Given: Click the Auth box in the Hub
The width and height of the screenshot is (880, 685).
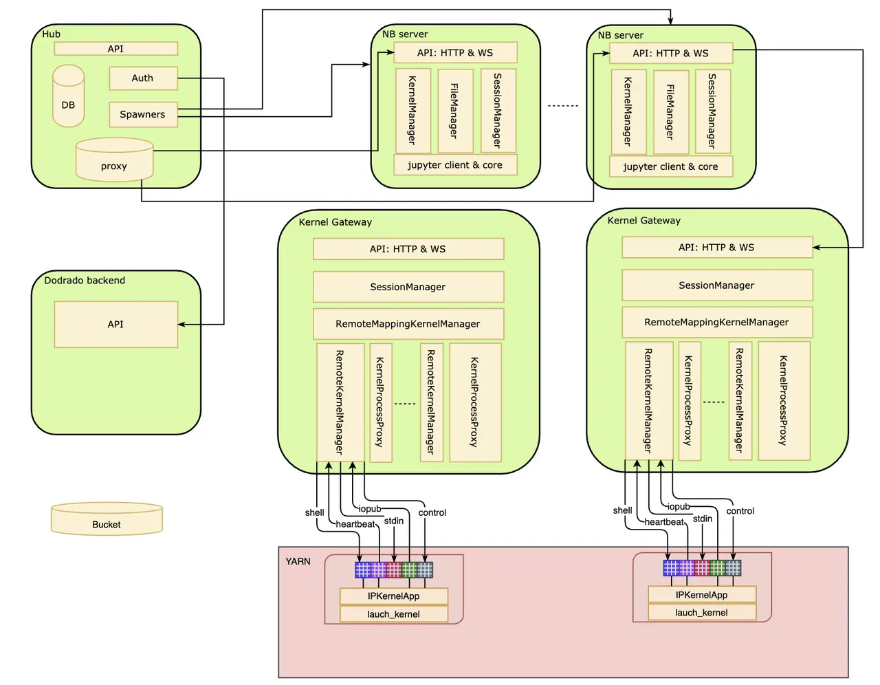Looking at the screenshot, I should [x=143, y=78].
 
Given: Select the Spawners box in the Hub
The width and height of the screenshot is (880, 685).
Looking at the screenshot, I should [x=143, y=115].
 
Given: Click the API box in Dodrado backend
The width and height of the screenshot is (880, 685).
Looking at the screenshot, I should [x=115, y=324].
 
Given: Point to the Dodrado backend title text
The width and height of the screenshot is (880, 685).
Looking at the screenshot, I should [x=85, y=281].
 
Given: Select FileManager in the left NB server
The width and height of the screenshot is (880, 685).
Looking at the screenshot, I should [x=454, y=111].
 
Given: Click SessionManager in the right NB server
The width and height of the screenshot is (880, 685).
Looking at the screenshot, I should [x=713, y=111].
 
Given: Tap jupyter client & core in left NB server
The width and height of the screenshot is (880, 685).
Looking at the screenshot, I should [x=455, y=165].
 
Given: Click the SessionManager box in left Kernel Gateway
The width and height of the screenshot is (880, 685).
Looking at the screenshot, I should [x=408, y=287].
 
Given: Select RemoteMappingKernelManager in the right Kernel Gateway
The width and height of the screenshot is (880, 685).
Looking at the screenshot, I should [x=716, y=322].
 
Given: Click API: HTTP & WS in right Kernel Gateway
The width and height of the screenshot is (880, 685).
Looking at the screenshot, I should [x=716, y=248].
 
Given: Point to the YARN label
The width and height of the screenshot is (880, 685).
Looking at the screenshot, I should [x=298, y=561].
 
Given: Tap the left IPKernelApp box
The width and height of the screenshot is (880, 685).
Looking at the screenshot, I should [x=393, y=596].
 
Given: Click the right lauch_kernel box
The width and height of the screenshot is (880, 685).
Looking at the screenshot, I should [x=701, y=612].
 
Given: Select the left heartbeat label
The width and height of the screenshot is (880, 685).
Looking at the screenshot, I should [x=355, y=524].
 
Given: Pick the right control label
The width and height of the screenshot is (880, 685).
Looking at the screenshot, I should [x=740, y=511].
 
